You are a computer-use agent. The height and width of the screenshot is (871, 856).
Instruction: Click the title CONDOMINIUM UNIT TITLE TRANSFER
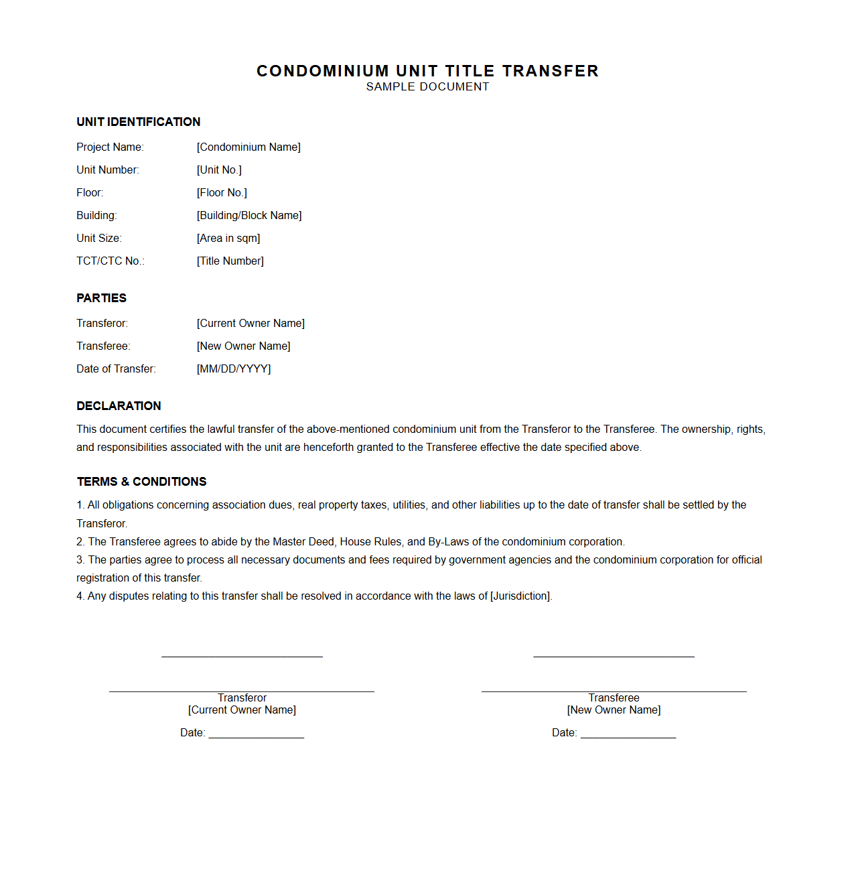click(x=427, y=71)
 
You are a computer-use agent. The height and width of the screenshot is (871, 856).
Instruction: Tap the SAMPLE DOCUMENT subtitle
click(x=427, y=87)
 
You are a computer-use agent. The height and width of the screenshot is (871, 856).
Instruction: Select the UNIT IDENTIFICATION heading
click(x=138, y=122)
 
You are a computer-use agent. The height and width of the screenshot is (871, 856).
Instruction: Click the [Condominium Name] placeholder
click(x=248, y=147)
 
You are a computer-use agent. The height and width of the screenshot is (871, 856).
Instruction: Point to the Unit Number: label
click(x=108, y=170)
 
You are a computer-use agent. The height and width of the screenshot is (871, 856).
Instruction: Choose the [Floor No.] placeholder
click(x=222, y=193)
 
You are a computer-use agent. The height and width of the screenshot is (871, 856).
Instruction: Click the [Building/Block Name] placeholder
click(x=249, y=216)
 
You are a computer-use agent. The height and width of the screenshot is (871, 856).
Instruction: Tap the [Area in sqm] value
click(x=228, y=239)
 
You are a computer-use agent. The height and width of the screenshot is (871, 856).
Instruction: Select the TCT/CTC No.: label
click(x=111, y=261)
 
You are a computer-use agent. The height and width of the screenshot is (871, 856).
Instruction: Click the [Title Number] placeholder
click(x=230, y=261)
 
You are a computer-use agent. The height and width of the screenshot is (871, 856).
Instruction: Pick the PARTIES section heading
click(x=101, y=298)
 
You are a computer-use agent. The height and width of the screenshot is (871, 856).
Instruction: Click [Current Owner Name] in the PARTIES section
click(x=251, y=324)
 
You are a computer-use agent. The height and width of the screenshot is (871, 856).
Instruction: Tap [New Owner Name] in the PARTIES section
click(x=244, y=346)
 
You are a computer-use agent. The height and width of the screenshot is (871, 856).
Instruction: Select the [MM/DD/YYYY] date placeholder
click(x=234, y=369)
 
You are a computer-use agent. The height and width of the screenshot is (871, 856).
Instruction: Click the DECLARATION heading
click(x=119, y=406)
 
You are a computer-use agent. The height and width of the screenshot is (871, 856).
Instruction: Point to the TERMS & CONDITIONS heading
click(x=141, y=482)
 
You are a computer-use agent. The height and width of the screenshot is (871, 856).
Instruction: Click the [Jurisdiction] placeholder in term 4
click(x=520, y=596)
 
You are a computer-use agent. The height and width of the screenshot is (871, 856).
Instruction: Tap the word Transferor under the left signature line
click(x=242, y=698)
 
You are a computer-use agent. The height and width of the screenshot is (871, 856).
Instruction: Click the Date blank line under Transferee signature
click(x=628, y=737)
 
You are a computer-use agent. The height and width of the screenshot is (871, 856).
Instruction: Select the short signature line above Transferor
click(x=242, y=657)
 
